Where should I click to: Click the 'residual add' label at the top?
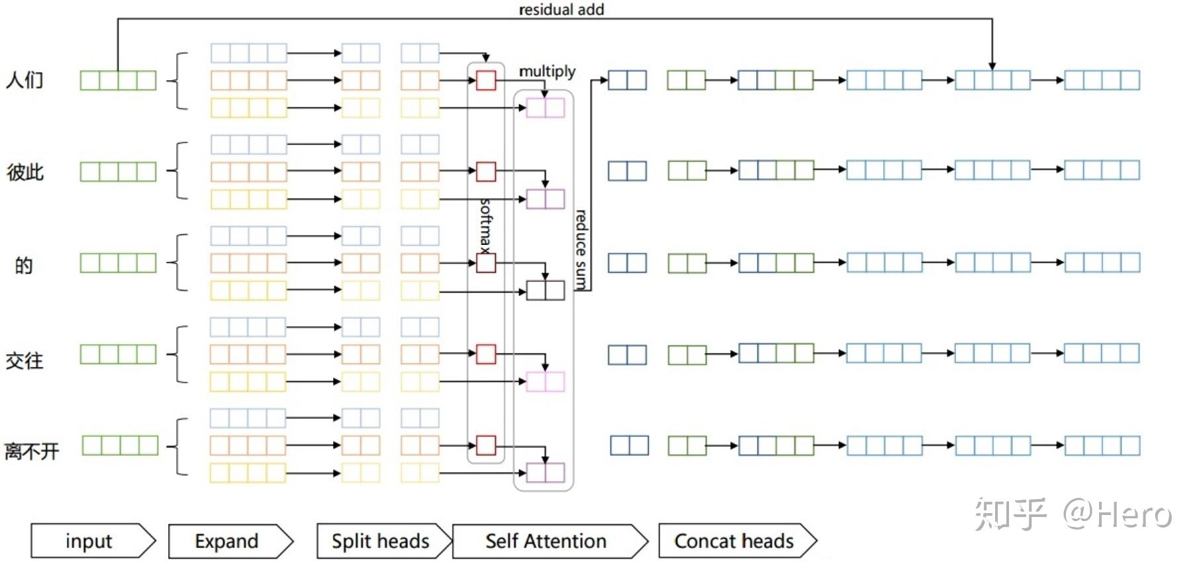(561, 9)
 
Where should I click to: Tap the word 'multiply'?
(547, 71)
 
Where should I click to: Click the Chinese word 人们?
(24, 80)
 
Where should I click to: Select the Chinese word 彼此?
(25, 172)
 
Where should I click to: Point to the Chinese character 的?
(24, 265)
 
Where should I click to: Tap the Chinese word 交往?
(24, 360)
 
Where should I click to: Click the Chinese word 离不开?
(32, 451)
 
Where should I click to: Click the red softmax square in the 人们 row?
(486, 81)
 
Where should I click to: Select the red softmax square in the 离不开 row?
(486, 445)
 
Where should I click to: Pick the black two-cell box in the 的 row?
(546, 290)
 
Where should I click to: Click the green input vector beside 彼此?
(118, 171)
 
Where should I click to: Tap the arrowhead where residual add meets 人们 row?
(992, 66)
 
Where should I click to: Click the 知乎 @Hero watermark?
(1073, 514)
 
